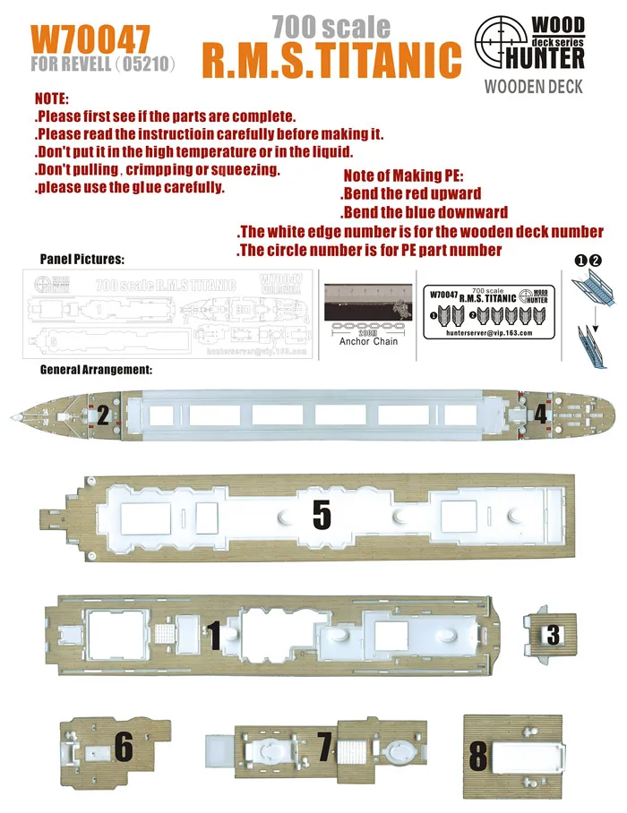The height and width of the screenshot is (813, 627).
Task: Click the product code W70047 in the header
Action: (90, 39)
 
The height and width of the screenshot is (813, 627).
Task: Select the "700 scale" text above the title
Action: (331, 26)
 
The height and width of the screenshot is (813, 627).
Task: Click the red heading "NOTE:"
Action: (51, 100)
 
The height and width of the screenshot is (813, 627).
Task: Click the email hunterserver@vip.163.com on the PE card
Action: (488, 331)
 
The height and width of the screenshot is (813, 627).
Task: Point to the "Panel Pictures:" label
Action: (82, 259)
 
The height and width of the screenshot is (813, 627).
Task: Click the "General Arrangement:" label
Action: (97, 369)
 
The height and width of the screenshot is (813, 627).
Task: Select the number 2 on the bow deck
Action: (104, 415)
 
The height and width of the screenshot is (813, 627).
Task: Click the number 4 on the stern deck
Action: (541, 415)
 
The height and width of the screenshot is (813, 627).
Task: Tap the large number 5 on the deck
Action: (322, 514)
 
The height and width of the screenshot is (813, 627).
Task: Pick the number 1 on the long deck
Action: (214, 634)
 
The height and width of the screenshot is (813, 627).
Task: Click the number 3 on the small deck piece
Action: (553, 634)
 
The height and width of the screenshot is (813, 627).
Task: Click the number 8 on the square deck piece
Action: (478, 756)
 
